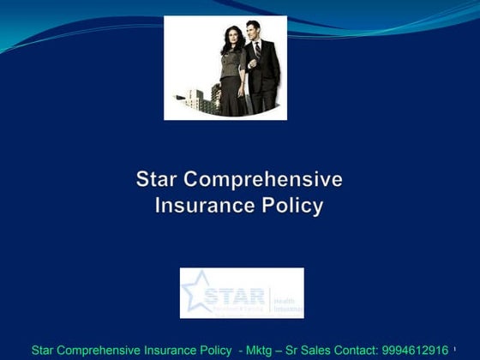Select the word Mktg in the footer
coord(255,350)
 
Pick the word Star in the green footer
coord(44,350)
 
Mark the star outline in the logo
coord(196,291)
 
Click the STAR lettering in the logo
coord(234,296)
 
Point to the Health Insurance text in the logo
coord(287,300)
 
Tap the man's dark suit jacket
coord(266,73)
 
